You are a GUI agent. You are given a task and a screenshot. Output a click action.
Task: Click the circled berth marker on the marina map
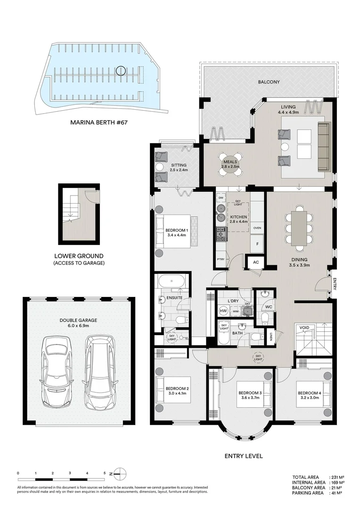click(x=121, y=71)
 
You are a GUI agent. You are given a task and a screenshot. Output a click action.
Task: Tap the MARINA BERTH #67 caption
click(x=99, y=122)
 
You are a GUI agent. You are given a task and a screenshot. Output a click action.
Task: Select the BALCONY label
click(x=269, y=82)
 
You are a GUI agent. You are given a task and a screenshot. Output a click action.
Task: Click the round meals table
click(x=230, y=164)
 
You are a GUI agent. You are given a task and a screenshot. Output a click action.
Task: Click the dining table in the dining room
click(x=299, y=228)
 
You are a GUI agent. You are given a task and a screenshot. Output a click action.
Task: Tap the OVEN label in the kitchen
click(x=257, y=228)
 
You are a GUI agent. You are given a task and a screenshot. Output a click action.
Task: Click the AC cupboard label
click(x=256, y=262)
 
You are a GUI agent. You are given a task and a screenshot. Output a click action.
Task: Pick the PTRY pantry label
click(x=221, y=259)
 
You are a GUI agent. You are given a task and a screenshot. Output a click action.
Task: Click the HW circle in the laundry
click(x=223, y=311)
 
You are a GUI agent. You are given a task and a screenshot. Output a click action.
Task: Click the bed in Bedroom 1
click(x=175, y=231)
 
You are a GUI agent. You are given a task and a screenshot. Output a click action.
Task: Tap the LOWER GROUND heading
click(x=79, y=256)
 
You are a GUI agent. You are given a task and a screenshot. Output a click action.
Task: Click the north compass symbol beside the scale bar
click(x=120, y=473)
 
